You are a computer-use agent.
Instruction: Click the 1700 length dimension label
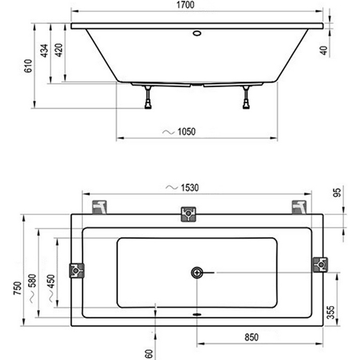pyautogui.click(x=185, y=5)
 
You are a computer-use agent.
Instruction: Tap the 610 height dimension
pyautogui.click(x=28, y=65)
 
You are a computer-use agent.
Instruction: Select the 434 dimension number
pyautogui.click(x=44, y=50)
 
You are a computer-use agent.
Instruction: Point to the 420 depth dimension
pyautogui.click(x=59, y=50)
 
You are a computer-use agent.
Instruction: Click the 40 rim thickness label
pyautogui.click(x=324, y=50)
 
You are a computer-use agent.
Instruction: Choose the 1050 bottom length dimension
pyautogui.click(x=187, y=132)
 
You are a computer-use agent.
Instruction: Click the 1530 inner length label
pyautogui.click(x=190, y=188)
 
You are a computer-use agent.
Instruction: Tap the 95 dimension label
pyautogui.click(x=337, y=193)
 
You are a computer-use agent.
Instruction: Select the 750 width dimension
pyautogui.click(x=17, y=289)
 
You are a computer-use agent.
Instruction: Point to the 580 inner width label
pyautogui.click(x=32, y=281)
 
